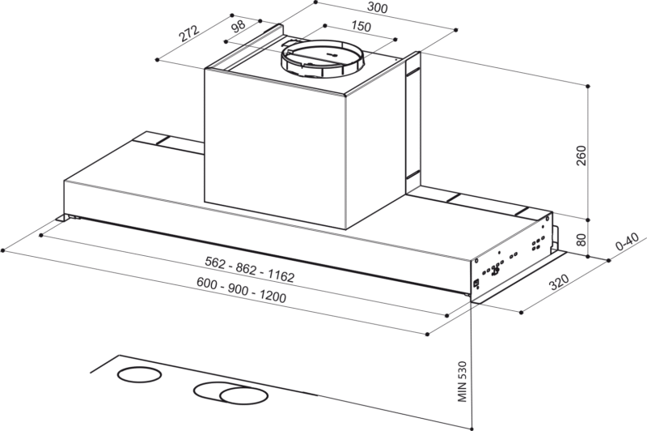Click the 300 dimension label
click(377, 8)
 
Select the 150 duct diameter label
click(361, 27)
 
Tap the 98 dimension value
click(239, 26)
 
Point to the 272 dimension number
click(189, 34)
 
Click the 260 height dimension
click(581, 156)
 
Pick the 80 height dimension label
click(581, 240)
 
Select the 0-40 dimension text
click(628, 241)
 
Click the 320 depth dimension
click(559, 282)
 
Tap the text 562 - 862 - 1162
click(250, 270)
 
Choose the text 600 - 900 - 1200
click(241, 290)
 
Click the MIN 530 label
click(462, 382)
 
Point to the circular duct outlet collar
click(323, 59)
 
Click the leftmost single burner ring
click(139, 375)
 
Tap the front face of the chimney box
click(275, 148)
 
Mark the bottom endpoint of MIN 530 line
click(472, 429)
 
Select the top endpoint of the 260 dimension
click(588, 86)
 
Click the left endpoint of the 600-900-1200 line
click(3, 250)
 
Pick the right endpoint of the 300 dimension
click(456, 30)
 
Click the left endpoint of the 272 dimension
click(157, 59)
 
